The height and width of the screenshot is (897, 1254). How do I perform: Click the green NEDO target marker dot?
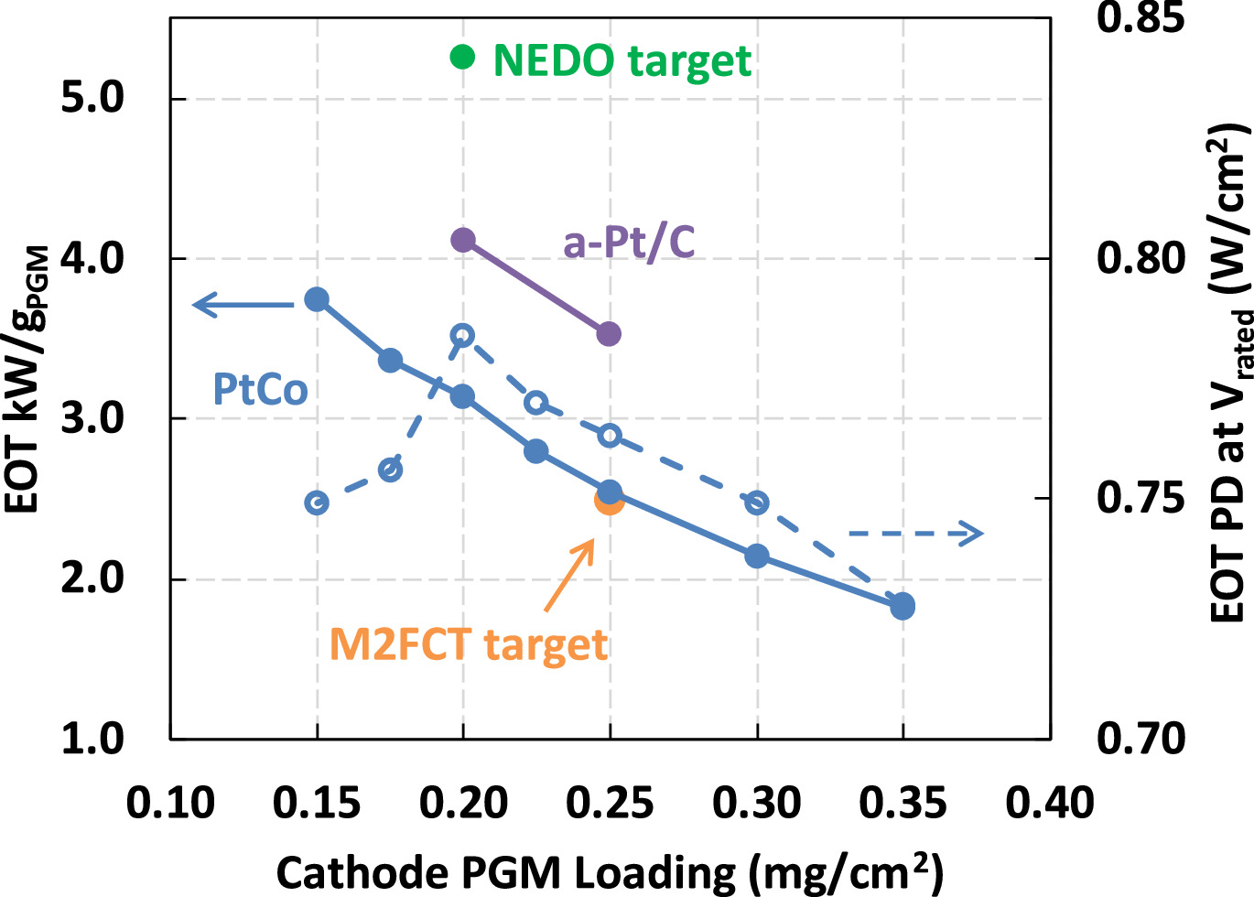point(462,57)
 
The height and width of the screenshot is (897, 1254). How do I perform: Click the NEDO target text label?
point(622,61)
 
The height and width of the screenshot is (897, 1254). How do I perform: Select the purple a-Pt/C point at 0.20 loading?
point(463,240)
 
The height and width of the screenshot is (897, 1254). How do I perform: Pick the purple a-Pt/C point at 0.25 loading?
point(609,334)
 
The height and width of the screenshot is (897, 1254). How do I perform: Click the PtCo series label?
point(260,390)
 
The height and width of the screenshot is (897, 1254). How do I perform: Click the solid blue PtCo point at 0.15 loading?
point(317,298)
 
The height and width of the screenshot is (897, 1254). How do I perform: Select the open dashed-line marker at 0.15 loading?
point(317,503)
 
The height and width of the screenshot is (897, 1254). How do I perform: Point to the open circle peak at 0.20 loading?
point(463,335)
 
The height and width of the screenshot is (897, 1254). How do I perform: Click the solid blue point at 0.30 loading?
point(756,556)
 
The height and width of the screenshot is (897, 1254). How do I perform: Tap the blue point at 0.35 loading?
point(903,606)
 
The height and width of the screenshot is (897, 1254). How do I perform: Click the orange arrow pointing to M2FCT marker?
point(569,575)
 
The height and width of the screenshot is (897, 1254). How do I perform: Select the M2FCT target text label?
point(468,644)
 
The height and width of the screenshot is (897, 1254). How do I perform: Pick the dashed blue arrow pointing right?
point(915,533)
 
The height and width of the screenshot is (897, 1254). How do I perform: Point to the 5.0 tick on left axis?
point(92,98)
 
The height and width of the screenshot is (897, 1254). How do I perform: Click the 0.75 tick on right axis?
point(1140,499)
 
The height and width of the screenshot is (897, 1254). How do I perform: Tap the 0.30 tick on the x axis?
point(756,803)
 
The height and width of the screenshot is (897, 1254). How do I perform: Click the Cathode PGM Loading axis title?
point(609,872)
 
